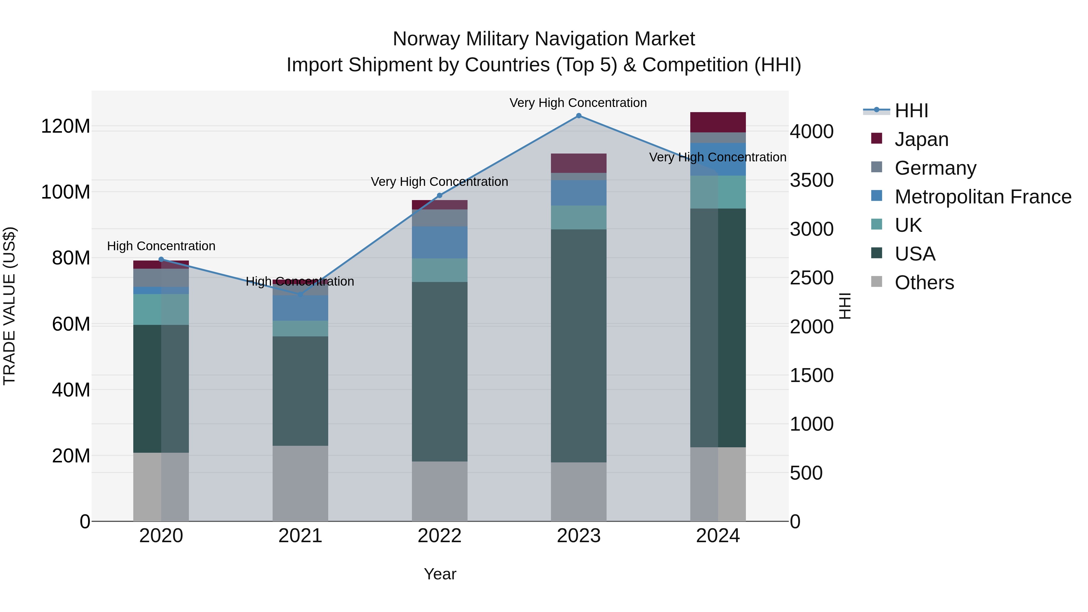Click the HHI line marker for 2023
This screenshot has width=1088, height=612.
(x=579, y=116)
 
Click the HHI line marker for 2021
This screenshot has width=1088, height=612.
(x=300, y=294)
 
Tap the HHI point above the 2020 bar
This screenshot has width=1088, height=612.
(x=161, y=259)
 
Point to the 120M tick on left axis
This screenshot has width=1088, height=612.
(x=66, y=126)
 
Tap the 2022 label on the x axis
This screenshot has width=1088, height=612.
(x=439, y=536)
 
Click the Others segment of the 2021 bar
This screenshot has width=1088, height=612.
(x=300, y=483)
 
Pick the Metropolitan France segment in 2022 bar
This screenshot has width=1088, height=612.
(x=439, y=242)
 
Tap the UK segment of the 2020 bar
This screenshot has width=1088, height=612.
(x=161, y=309)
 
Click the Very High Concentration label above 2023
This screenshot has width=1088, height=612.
(x=578, y=103)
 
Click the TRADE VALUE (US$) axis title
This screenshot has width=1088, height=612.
(x=9, y=306)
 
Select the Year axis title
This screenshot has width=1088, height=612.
(x=440, y=574)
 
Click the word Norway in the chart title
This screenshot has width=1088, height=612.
(x=426, y=39)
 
